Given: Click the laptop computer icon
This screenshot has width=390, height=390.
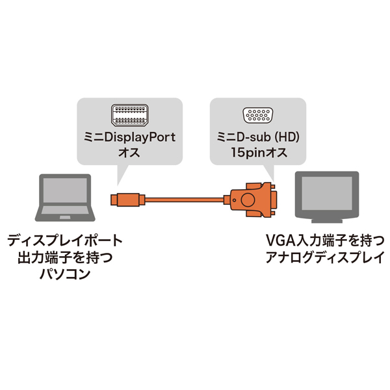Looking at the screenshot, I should click(64, 198).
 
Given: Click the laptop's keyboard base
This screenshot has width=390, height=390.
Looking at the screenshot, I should click(64, 219).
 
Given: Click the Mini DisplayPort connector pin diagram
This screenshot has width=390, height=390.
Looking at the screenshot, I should click(129, 117).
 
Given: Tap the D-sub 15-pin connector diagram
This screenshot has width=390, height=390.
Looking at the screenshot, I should click(258, 117).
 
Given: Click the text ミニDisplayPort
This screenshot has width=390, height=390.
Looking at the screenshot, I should click(131, 139).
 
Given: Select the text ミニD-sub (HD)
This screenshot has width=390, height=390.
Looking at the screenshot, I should click(258, 139).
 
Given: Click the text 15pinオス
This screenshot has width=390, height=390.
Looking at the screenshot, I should click(258, 155).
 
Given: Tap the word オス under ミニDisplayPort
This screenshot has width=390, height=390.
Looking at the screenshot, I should click(130, 155).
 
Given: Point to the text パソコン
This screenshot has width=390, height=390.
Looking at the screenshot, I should click(64, 274).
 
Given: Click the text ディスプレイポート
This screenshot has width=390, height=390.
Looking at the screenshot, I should click(64, 242).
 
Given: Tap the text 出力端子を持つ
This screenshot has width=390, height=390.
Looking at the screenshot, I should click(64, 258).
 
